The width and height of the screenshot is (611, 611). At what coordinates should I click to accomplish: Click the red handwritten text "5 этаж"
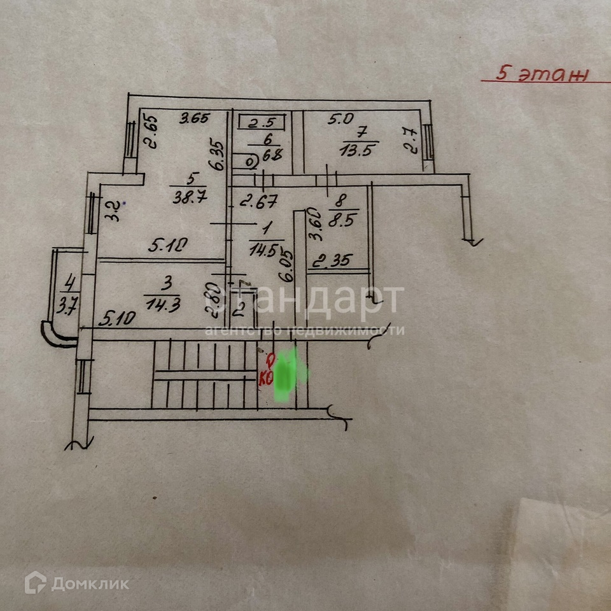(541, 74)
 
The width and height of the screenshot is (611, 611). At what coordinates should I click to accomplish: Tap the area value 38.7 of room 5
(185, 198)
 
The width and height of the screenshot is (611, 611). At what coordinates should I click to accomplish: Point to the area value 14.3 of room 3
(163, 304)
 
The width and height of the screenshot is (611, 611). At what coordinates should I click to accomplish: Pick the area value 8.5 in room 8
(344, 223)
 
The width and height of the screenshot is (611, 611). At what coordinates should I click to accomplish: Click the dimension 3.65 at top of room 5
(194, 118)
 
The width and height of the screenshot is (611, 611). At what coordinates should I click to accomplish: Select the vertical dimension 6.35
(220, 155)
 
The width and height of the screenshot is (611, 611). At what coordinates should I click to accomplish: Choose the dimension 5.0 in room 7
(340, 118)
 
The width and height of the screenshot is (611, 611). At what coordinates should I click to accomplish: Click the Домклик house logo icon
(36, 582)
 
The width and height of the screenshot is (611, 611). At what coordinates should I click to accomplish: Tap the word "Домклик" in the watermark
(90, 583)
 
